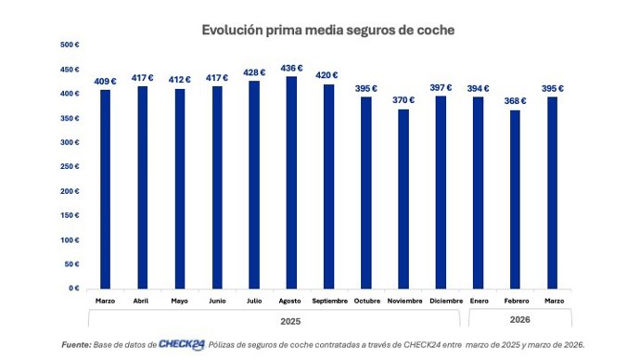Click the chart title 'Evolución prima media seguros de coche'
tap(328, 30)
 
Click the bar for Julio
tap(254, 185)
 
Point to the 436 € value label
tap(291, 68)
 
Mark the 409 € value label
tap(106, 81)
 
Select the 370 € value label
tap(403, 100)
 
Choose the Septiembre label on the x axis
tap(328, 301)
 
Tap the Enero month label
tap(480, 301)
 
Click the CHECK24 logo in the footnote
tap(182, 343)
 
